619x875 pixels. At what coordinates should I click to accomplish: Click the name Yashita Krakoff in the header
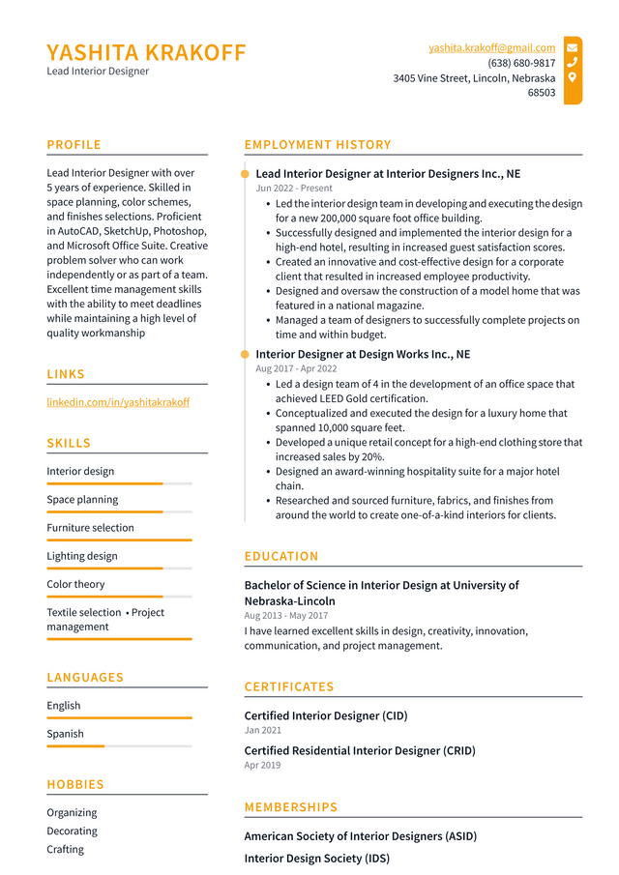click(146, 52)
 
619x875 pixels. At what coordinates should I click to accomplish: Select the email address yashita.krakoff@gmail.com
click(491, 47)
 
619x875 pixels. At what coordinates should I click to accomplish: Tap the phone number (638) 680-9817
click(521, 63)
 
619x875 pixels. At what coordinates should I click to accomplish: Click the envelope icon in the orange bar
click(573, 47)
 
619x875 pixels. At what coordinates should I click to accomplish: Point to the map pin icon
click(573, 77)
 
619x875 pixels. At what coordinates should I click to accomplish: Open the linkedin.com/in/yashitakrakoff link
click(118, 402)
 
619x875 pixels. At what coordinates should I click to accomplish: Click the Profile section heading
click(74, 145)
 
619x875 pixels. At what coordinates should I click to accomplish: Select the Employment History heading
click(317, 145)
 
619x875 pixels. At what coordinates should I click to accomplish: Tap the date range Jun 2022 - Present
click(294, 189)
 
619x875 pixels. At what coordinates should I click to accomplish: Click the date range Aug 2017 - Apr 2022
click(296, 369)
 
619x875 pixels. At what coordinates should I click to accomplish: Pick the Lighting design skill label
click(82, 556)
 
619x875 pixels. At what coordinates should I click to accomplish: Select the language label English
click(64, 706)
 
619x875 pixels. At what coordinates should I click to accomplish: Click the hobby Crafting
click(66, 850)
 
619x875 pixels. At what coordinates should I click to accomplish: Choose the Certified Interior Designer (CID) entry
click(326, 716)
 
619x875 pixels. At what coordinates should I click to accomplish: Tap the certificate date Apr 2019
click(262, 766)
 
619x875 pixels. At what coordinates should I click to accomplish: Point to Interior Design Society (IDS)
click(316, 859)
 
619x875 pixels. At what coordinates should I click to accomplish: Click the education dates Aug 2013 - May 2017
click(285, 616)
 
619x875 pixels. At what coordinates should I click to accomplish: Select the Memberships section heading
click(291, 807)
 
